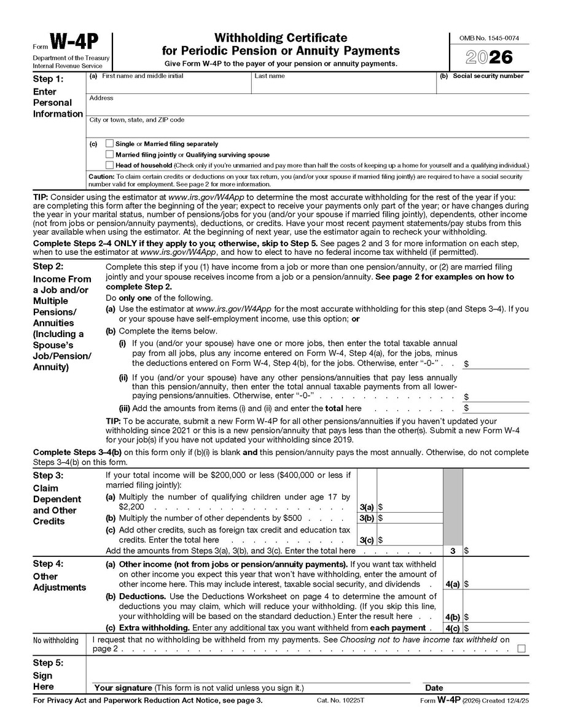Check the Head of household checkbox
(x=110, y=165)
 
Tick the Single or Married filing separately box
(x=110, y=144)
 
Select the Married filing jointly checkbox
(x=110, y=155)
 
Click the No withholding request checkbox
(x=521, y=648)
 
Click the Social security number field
(x=483, y=87)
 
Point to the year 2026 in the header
(x=489, y=57)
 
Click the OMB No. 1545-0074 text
(x=489, y=38)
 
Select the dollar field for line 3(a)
(x=409, y=508)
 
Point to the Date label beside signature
(x=434, y=688)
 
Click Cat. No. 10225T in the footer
(x=340, y=701)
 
